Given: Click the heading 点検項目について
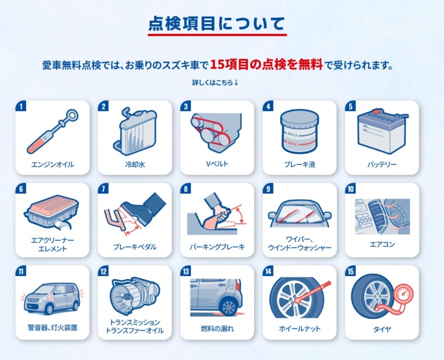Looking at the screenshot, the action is [x=216, y=23].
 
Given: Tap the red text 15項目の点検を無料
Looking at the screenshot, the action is [x=266, y=64].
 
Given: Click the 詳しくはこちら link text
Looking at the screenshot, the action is [x=215, y=82].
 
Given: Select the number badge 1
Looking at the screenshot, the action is [x=21, y=106].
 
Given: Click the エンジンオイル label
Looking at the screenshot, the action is [x=53, y=164].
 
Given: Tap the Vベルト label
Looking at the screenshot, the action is [x=217, y=164].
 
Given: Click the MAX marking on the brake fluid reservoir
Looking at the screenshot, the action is [x=292, y=134].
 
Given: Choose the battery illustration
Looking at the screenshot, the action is [x=382, y=131].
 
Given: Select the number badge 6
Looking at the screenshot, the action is [x=21, y=189].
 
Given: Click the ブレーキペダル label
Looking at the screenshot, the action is [x=135, y=247].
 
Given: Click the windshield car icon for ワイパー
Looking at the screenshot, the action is [x=300, y=213].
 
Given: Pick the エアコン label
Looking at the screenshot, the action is [x=382, y=244].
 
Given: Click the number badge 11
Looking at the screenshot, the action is [x=21, y=271].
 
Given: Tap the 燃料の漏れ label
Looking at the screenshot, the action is [x=217, y=328].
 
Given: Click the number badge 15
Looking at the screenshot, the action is [x=351, y=271].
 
